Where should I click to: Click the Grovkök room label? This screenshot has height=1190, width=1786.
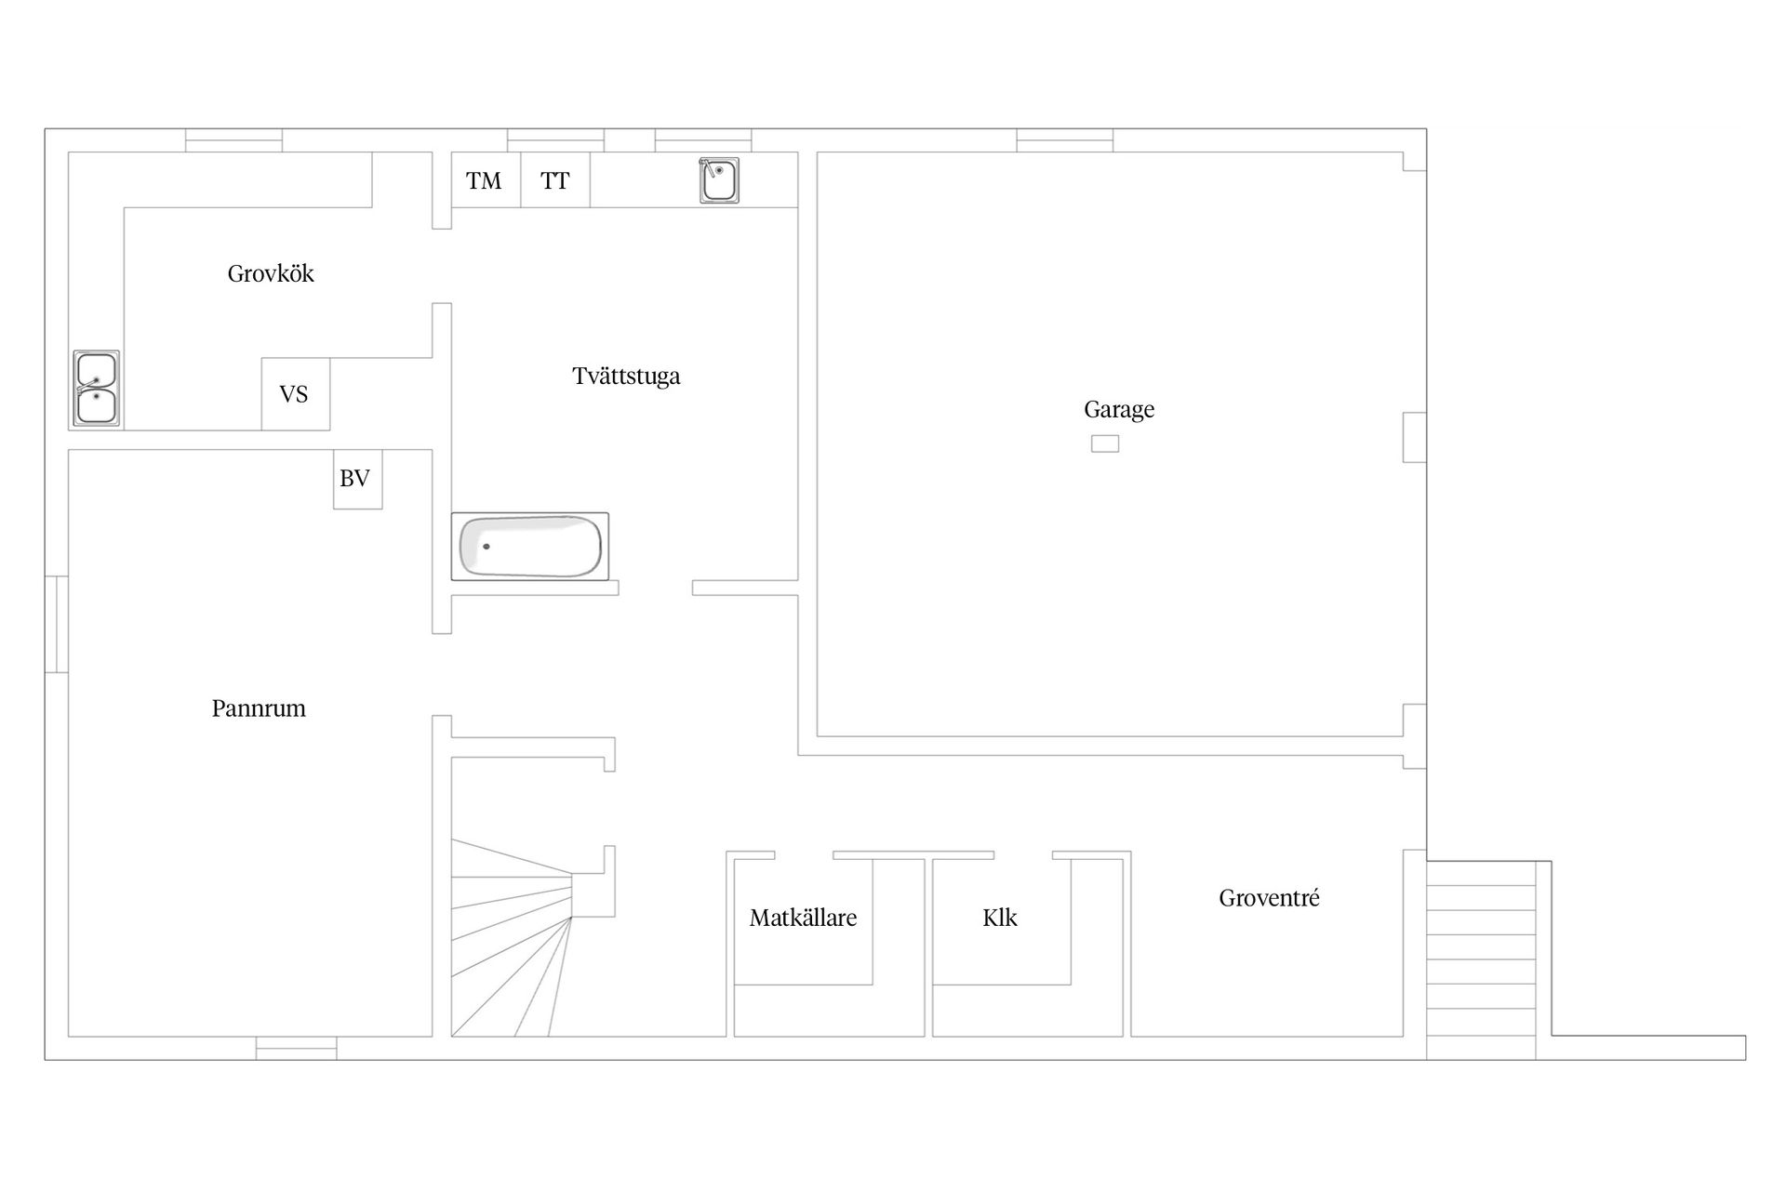pos(271,274)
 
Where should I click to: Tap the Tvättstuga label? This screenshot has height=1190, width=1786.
pos(626,377)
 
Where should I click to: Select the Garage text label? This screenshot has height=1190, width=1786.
pos(1119,410)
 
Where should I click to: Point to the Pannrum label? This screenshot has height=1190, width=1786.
pos(259,708)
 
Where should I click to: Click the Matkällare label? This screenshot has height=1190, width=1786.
pos(803,919)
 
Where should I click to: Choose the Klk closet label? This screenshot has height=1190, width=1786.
pos(1000,919)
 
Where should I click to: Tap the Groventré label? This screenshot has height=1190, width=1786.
pos(1269,898)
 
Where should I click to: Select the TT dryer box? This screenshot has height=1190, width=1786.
pos(555,179)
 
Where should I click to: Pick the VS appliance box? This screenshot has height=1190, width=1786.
pos(295,394)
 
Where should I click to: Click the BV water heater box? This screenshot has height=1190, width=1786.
pos(358,479)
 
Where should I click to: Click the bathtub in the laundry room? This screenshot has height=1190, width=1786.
pos(530,547)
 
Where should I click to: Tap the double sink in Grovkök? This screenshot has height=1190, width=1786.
pos(96,390)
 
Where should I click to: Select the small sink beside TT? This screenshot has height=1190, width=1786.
pos(719,180)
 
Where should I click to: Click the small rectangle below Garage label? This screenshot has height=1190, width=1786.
pos(1105,444)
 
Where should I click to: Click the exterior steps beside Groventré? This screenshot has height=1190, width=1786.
pos(1481,960)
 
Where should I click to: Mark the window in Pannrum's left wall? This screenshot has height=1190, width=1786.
pos(57,624)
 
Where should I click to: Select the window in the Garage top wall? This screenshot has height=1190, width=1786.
pos(1065,140)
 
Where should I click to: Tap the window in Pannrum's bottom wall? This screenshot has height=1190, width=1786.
pos(297,1048)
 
